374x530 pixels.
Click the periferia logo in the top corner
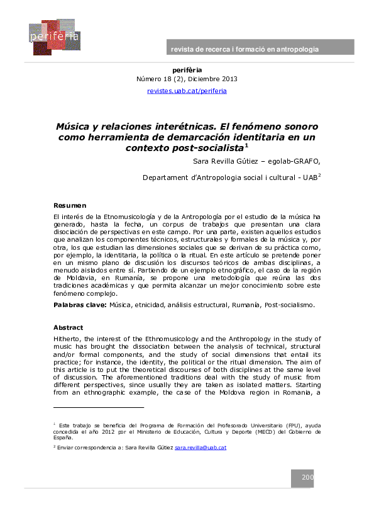coord(53,37)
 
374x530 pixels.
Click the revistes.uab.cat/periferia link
coord(187,91)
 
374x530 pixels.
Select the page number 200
coord(307,478)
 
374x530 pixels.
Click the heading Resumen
coord(70,206)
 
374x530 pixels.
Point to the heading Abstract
coord(69,328)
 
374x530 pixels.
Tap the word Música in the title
coord(74,126)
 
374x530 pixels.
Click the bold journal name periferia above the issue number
coord(187,69)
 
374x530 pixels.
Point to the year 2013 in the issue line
coord(228,79)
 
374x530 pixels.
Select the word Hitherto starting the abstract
coord(69,339)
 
